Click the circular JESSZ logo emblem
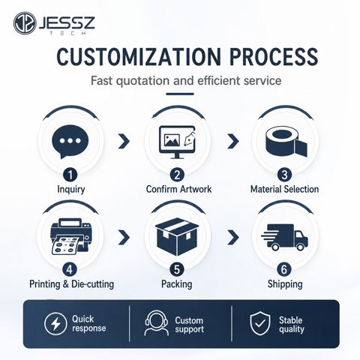pyautogui.click(x=25, y=23)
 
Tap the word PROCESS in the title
pyautogui.click(x=274, y=57)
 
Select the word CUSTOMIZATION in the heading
pyautogui.click(x=139, y=57)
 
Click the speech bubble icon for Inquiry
pyautogui.click(x=70, y=142)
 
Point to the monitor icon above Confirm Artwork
pyautogui.click(x=178, y=142)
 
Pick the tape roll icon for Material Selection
pyautogui.click(x=286, y=142)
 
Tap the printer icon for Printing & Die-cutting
pyautogui.click(x=70, y=236)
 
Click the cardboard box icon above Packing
pyautogui.click(x=177, y=237)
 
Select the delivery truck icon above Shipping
pyautogui.click(x=284, y=237)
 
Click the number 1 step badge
pyautogui.click(x=70, y=175)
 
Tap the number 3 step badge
pyautogui.click(x=284, y=175)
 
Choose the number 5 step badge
pyautogui.click(x=177, y=269)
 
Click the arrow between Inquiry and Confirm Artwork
pyautogui.click(x=124, y=141)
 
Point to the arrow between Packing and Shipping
pyautogui.click(x=233, y=238)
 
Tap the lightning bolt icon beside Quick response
pyautogui.click(x=55, y=324)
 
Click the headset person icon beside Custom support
pyautogui.click(x=157, y=323)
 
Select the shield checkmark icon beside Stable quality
pyautogui.click(x=260, y=323)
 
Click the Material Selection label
pyautogui.click(x=284, y=189)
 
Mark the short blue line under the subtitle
pyautogui.click(x=180, y=94)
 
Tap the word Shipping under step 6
pyautogui.click(x=285, y=284)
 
